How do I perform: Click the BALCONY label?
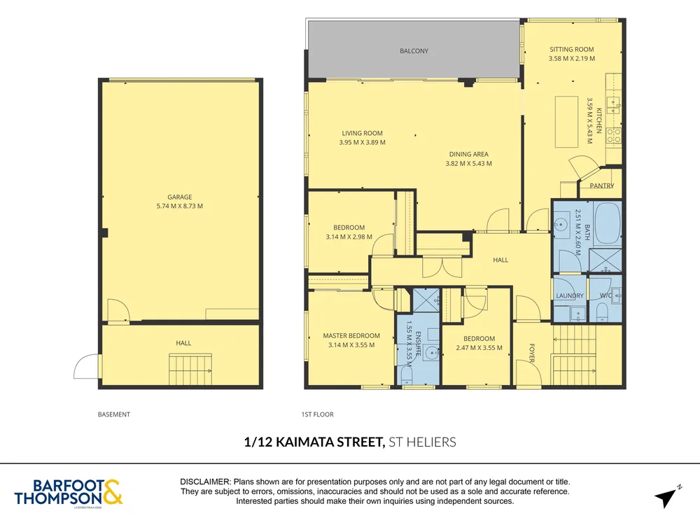tap(414, 51)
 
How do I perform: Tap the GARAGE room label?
tap(179, 197)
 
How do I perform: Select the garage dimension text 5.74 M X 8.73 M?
tap(179, 206)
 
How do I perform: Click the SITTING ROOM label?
tap(571, 50)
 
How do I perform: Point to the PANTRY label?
tap(602, 185)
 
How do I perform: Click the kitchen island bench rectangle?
tap(566, 121)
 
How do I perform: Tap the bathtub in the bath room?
tap(608, 223)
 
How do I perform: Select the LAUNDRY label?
tap(570, 295)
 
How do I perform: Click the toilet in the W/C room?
tap(602, 312)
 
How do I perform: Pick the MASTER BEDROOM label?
tap(351, 336)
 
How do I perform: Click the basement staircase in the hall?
tap(190, 369)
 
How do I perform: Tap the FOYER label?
tap(532, 353)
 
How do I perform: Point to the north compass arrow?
tap(667, 496)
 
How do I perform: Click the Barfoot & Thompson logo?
tap(68, 493)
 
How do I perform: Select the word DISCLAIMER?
tap(205, 482)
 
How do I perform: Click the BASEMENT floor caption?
tap(114, 414)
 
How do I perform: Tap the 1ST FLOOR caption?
tap(317, 414)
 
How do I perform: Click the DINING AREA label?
tap(469, 155)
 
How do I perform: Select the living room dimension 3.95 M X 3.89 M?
tap(362, 142)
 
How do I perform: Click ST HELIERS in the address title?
tap(422, 442)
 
